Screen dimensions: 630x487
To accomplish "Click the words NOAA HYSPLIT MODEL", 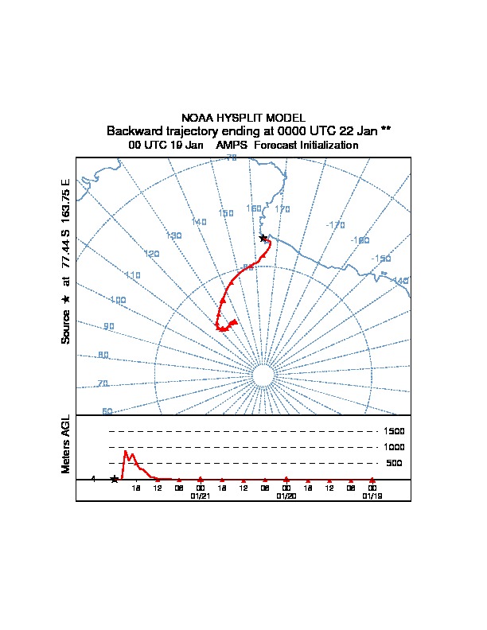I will click(243, 118).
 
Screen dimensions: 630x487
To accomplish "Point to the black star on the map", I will click(263, 238).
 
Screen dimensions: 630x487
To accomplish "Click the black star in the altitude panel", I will click(115, 479).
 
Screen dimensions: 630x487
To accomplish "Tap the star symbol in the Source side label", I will click(66, 299).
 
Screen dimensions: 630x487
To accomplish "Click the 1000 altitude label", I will click(395, 447).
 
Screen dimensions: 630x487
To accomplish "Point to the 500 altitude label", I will click(394, 463).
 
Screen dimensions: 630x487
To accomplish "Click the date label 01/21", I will click(201, 495).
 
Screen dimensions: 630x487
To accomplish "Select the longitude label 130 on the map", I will click(173, 235).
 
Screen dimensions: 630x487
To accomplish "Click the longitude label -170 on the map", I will click(335, 225).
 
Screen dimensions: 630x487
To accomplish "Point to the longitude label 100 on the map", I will click(118, 301).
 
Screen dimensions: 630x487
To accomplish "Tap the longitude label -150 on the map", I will click(381, 259).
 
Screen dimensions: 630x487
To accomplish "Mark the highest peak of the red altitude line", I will click(125, 451).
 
